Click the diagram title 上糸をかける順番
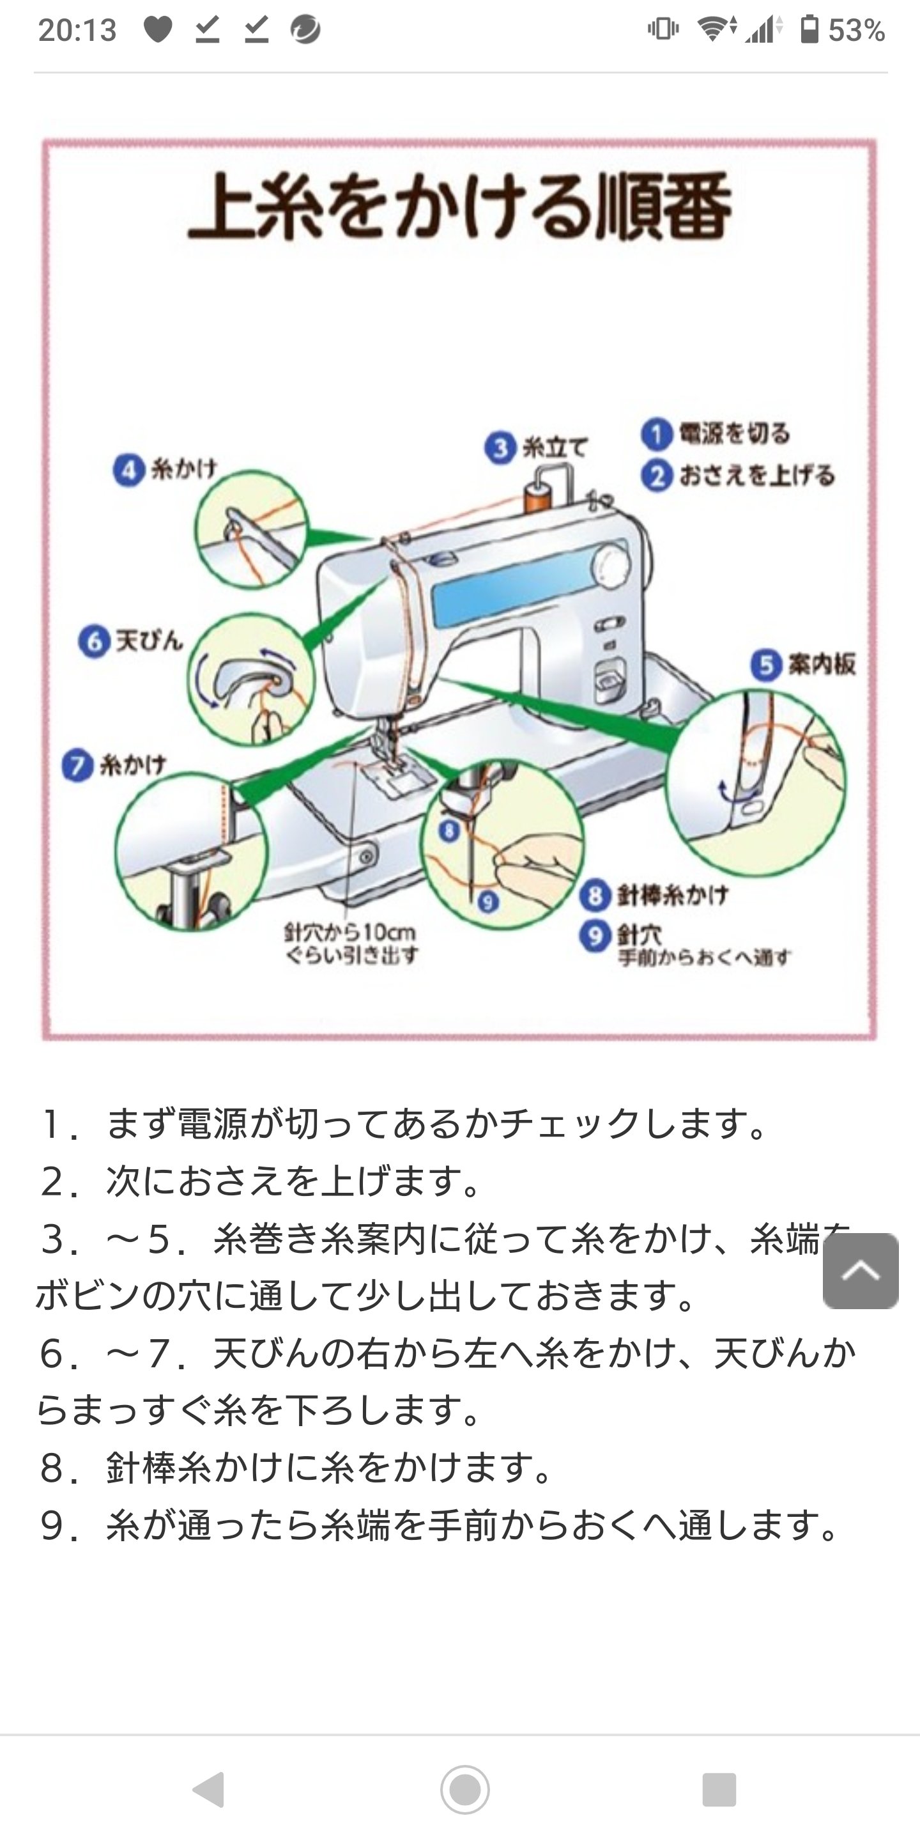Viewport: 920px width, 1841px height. pos(459,207)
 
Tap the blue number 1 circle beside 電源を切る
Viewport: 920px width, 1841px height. pos(656,434)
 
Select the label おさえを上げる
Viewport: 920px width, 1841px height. pos(756,475)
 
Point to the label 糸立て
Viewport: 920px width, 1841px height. pos(555,448)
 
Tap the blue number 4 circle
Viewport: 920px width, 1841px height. pos(129,471)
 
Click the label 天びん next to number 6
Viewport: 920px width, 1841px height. pos(149,641)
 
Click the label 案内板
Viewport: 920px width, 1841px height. pos(822,665)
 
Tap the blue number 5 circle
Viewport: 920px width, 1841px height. pos(766,665)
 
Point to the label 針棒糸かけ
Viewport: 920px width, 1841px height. pos(672,895)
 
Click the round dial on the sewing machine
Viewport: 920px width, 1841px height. pos(611,563)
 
